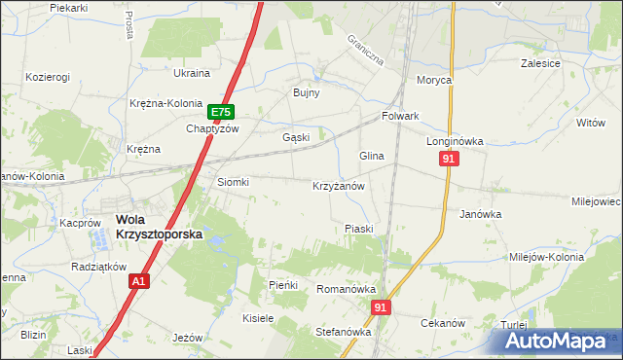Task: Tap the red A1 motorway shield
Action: [x=139, y=280]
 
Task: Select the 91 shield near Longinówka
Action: [x=448, y=160]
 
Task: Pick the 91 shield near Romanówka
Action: [x=380, y=307]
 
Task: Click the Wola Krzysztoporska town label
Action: [x=152, y=227]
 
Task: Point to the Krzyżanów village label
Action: [x=338, y=185]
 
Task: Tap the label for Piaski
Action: [x=359, y=229]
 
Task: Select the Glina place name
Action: [x=372, y=156]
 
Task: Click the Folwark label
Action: [x=400, y=116]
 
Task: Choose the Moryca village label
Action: [x=435, y=81]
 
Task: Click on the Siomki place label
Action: [x=233, y=182]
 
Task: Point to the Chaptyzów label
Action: [x=212, y=128]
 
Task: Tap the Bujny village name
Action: [x=307, y=92]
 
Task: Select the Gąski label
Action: [x=296, y=137]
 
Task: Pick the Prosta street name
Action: [x=129, y=26]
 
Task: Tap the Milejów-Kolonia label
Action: [x=546, y=258]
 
